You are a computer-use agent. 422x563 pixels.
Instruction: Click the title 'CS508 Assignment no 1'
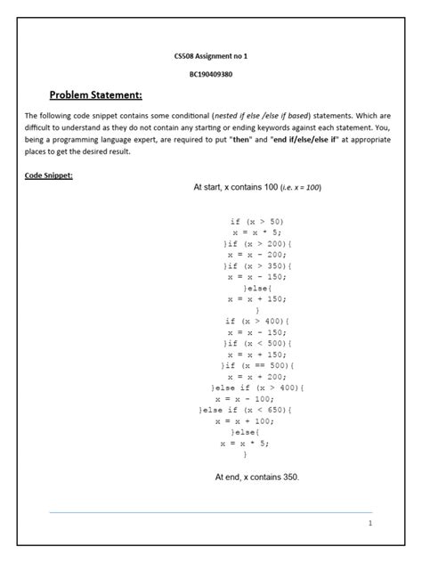click(210, 56)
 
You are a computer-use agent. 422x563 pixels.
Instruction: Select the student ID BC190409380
click(210, 74)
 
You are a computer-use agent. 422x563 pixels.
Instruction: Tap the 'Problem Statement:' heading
click(95, 95)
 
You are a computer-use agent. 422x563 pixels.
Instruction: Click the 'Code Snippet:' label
click(49, 175)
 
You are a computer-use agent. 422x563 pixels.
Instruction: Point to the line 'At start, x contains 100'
click(257, 188)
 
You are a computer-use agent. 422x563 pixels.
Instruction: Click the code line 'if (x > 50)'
click(256, 221)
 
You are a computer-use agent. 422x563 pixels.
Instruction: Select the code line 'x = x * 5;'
click(256, 232)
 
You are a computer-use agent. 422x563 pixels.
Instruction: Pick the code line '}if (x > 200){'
click(256, 243)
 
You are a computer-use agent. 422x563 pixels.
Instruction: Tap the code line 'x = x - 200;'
click(256, 254)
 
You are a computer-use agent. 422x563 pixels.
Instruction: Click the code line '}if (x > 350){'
click(256, 265)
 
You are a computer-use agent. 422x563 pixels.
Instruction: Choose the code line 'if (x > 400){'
click(256, 321)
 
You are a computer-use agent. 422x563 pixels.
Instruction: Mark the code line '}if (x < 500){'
click(256, 343)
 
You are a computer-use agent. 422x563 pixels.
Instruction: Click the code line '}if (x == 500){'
click(256, 365)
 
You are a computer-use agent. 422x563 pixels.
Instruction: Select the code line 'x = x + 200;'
click(256, 376)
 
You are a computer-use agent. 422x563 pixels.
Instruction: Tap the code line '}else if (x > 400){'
click(256, 388)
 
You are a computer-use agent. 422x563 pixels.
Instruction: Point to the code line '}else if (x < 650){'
click(256, 410)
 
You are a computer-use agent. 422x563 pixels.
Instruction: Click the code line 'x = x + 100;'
click(256, 420)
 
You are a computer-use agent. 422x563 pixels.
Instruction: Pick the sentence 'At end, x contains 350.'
click(257, 477)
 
